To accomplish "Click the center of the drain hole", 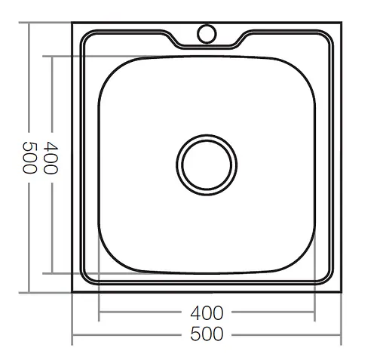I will tap(207, 163).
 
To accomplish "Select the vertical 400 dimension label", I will tap(51, 158).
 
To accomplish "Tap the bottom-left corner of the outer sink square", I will tap(72, 291).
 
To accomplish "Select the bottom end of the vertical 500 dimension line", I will tap(29, 291).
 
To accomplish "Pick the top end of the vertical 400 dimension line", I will tap(51, 56).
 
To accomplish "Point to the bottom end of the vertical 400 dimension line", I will tap(51, 272).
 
